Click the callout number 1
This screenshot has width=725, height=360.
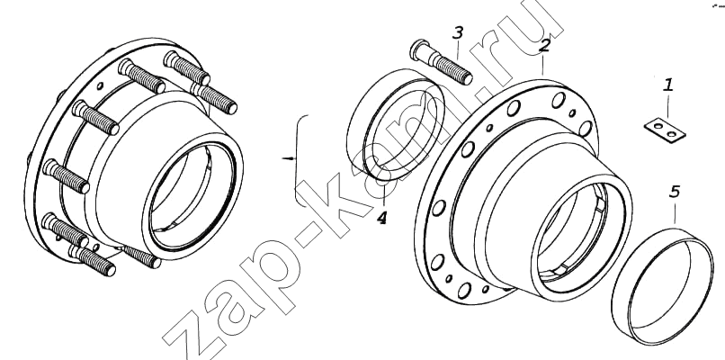667,85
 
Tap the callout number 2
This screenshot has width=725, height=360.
545,45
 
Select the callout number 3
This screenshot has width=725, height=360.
457,33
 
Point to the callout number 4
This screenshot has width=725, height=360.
381,217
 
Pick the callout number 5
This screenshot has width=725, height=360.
675,192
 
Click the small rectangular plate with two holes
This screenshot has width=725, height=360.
665,130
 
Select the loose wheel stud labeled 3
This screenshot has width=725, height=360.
441,62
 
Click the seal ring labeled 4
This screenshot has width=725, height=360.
395,124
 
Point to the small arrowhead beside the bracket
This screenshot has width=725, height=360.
290,158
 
